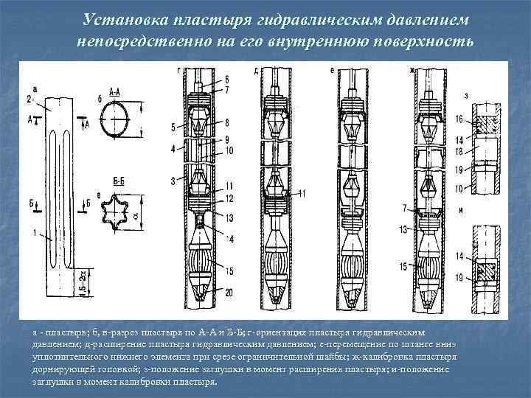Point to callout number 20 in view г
[x=229, y=293]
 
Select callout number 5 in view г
[x=174, y=127]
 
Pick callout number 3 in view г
[x=173, y=181]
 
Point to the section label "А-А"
[x=114, y=93]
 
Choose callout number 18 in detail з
[x=459, y=150]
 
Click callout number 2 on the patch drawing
[x=29, y=98]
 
